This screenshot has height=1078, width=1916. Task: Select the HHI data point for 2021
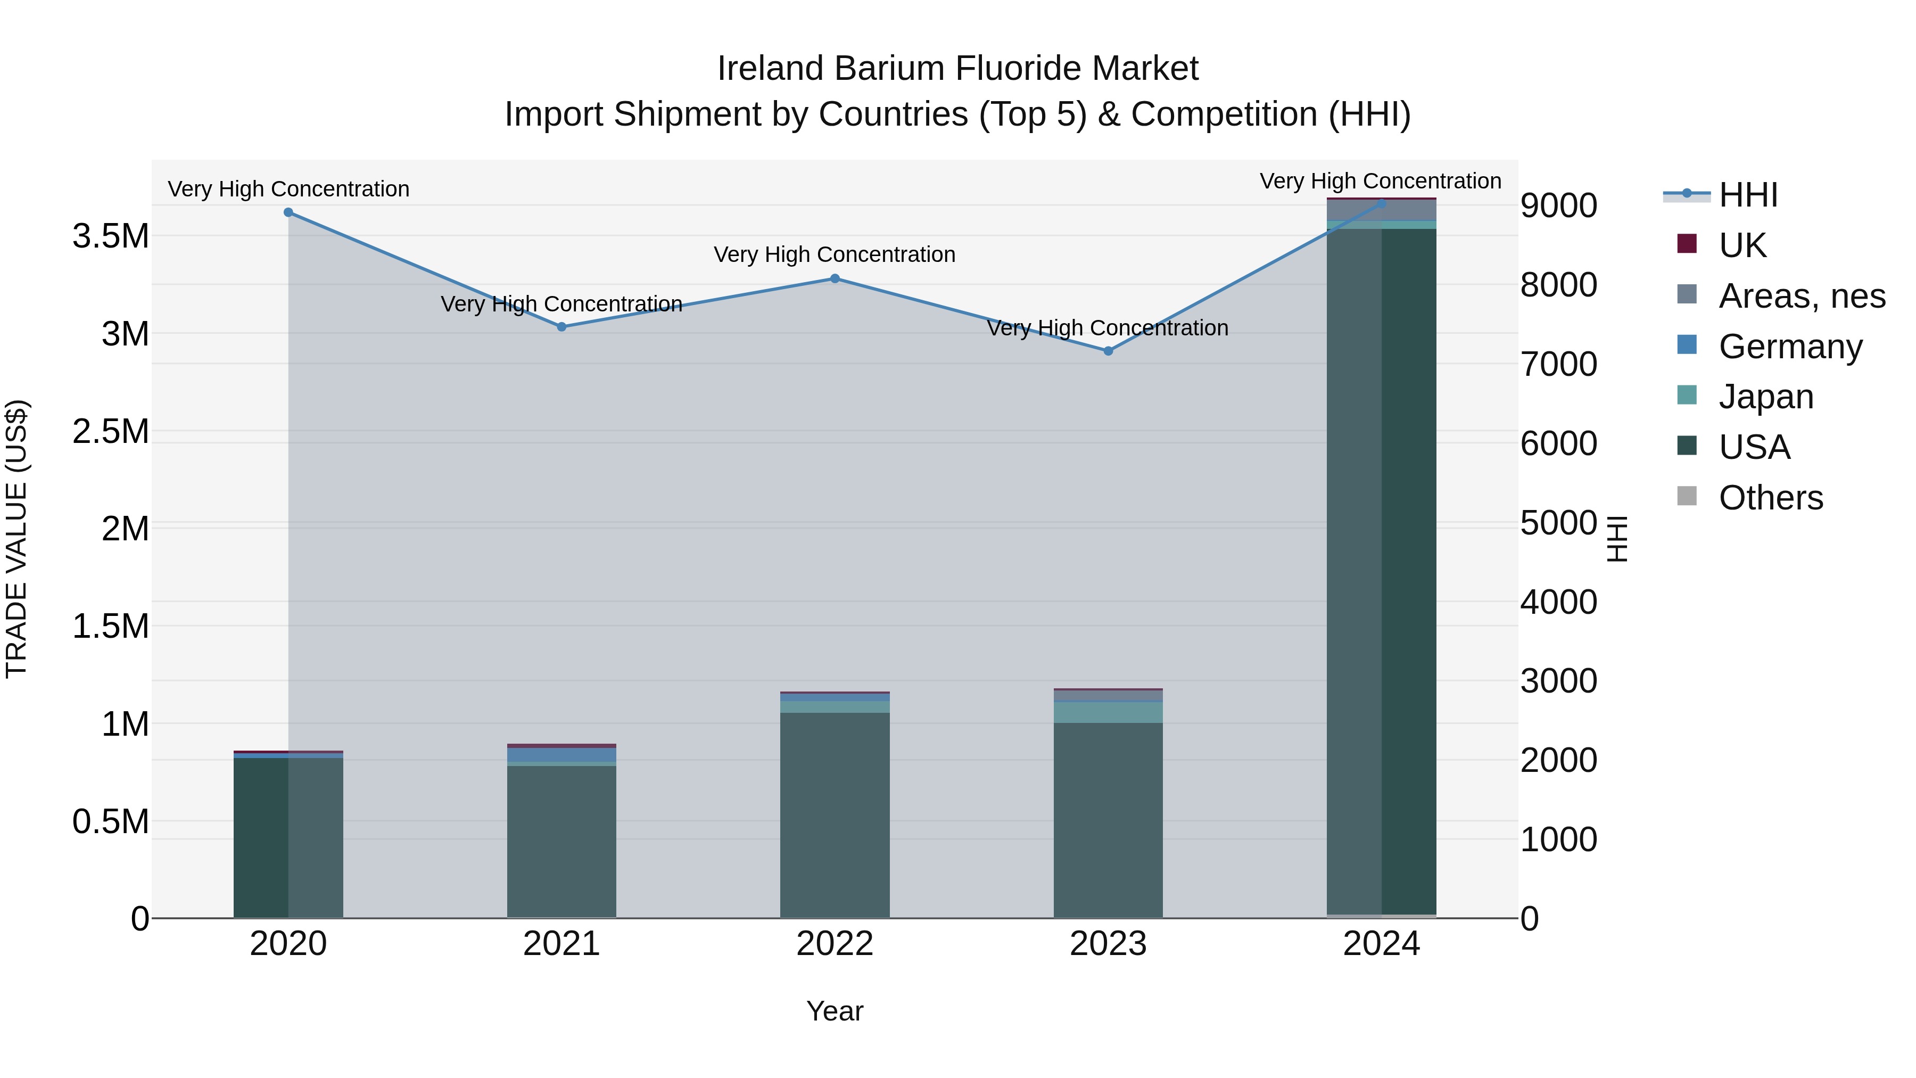point(561,327)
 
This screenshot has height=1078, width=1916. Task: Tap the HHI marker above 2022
point(835,279)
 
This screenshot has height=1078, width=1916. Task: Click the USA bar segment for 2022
point(835,814)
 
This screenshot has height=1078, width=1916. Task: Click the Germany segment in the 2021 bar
point(561,754)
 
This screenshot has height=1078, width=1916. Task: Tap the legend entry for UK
point(1742,245)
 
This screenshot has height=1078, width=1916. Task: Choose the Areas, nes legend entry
point(1802,296)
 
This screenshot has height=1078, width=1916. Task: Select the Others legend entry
point(1770,498)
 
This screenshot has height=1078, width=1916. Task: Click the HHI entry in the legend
point(1748,195)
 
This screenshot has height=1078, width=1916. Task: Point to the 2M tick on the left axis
point(125,529)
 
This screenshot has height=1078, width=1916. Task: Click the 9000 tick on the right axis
point(1558,206)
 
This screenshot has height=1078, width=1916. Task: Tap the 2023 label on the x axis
point(1108,944)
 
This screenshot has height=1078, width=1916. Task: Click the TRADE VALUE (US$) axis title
point(17,539)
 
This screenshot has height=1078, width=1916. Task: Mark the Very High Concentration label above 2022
point(835,254)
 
